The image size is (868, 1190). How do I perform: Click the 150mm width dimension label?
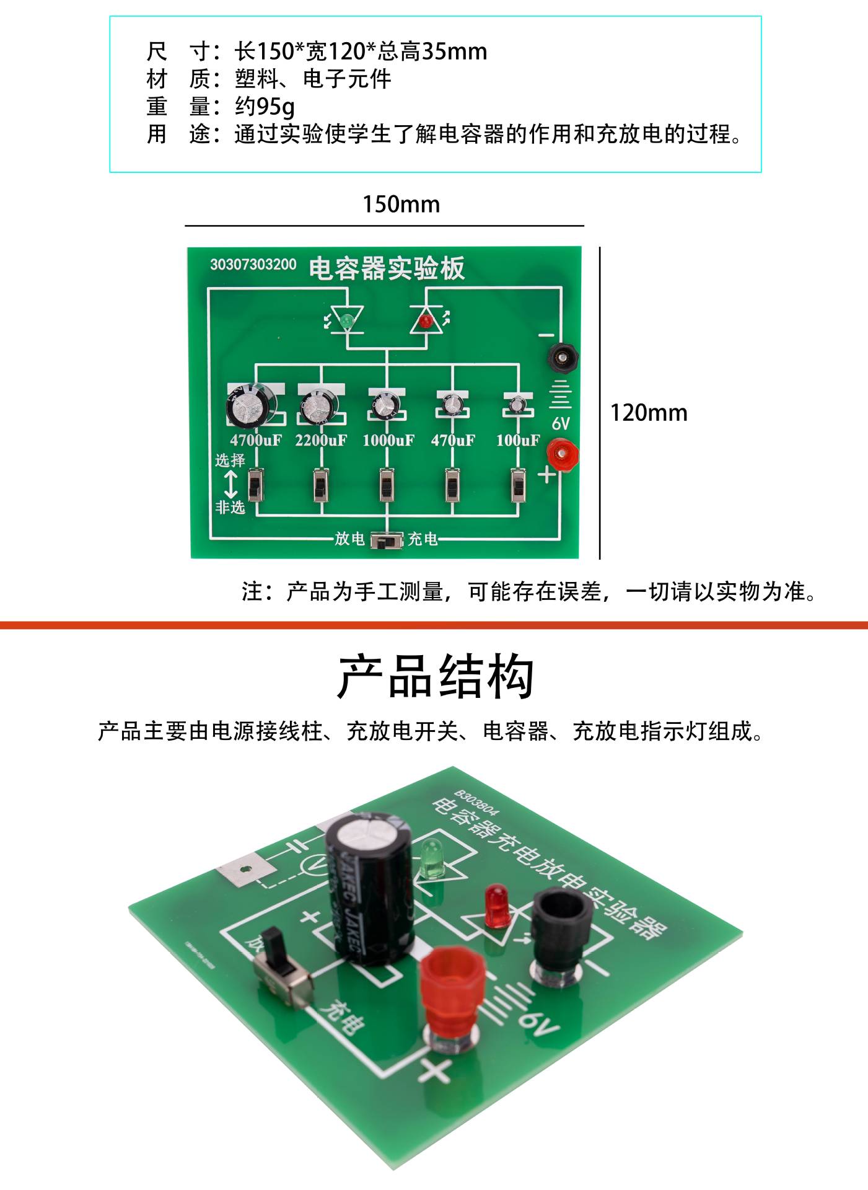(x=401, y=205)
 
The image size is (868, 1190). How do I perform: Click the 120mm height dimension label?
(x=649, y=413)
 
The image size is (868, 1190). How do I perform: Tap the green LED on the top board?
(x=346, y=321)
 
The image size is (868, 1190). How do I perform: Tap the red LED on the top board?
(x=426, y=321)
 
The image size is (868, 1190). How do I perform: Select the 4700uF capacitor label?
(x=255, y=441)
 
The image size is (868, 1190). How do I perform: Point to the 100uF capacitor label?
(x=518, y=441)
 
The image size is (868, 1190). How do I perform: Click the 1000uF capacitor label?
(x=388, y=441)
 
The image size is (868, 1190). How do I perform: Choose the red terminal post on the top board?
(x=563, y=456)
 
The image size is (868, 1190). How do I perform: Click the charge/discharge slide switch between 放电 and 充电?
(x=387, y=540)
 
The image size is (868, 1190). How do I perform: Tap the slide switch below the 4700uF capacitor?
(x=256, y=485)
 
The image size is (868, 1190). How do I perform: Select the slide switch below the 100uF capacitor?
(x=519, y=485)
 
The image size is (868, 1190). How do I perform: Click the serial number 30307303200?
(x=253, y=265)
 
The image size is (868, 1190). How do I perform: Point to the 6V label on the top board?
(x=561, y=423)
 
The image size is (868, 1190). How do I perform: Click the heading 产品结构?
(x=435, y=677)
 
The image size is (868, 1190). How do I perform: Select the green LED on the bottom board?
(x=429, y=858)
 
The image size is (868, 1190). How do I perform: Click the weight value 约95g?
(x=265, y=107)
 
